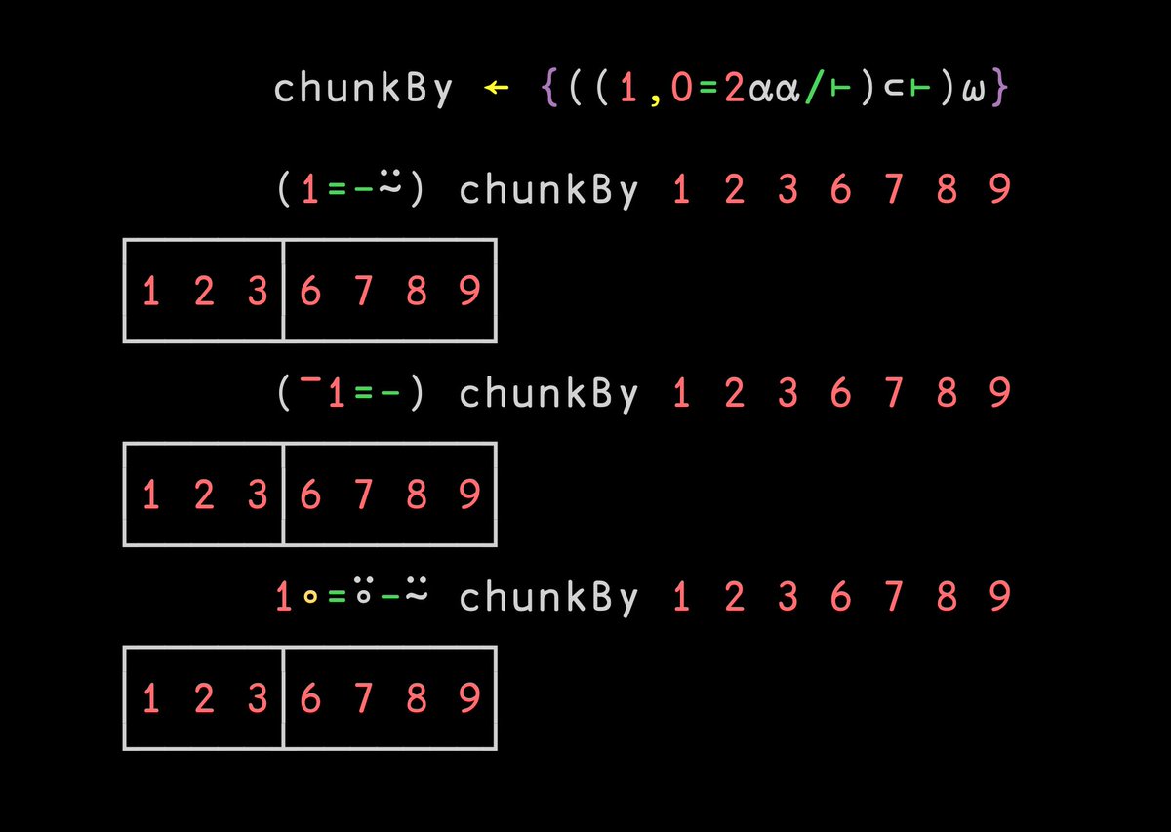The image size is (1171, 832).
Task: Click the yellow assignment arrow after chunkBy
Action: [x=497, y=89]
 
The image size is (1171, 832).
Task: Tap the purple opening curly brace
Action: [x=548, y=89]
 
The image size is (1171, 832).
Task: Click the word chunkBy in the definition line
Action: [x=363, y=89]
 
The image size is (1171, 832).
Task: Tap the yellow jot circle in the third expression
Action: [x=310, y=598]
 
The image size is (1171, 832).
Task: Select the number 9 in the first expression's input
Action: [x=998, y=190]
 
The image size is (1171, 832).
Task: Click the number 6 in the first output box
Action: [x=310, y=292]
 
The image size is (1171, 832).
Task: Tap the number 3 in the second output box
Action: [x=258, y=495]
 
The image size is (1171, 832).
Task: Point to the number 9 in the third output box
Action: [x=469, y=698]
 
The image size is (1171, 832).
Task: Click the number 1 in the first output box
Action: [x=151, y=292]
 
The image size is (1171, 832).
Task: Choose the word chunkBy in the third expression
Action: [x=548, y=596]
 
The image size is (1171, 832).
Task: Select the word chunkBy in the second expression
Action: [x=548, y=393]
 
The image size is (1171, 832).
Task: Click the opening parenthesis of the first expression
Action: [x=285, y=190]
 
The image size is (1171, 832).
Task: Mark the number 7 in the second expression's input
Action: [x=893, y=393]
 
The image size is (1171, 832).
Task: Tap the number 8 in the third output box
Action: [x=417, y=698]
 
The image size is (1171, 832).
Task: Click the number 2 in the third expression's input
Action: [x=734, y=596]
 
